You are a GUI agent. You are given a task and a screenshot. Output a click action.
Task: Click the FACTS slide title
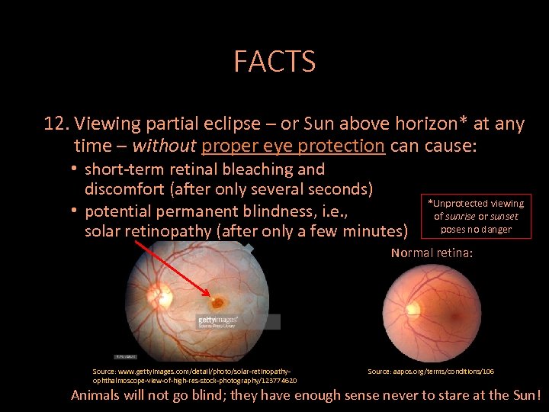point(274,61)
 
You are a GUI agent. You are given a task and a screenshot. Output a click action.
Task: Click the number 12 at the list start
point(56,124)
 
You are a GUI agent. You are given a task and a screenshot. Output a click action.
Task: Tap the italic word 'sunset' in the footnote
point(504,217)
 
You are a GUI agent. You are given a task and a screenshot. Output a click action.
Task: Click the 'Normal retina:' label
point(432,253)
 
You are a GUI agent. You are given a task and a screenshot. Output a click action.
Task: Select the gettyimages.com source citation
point(194,375)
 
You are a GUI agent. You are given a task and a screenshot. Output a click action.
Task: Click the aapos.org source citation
point(431,372)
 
